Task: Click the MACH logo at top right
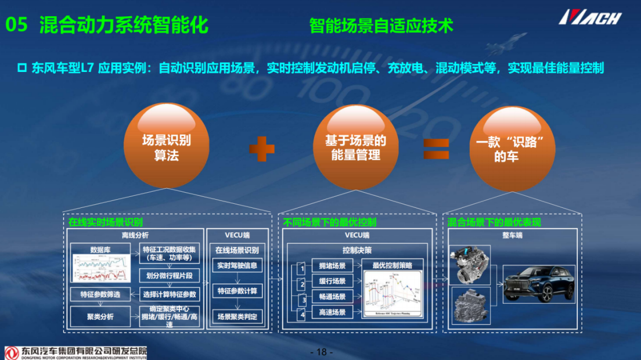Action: tap(590, 17)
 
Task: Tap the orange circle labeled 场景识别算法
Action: tap(167, 147)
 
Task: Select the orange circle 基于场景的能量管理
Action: tap(355, 147)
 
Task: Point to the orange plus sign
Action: tap(262, 149)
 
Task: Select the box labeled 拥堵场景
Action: tap(332, 266)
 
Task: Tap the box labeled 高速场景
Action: tap(332, 313)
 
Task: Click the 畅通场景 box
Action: tap(332, 297)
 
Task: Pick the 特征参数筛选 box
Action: tap(100, 294)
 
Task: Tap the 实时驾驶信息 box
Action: tap(236, 266)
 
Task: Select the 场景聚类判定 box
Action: tap(236, 317)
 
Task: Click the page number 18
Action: tap(321, 352)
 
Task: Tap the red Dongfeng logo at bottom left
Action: tap(12, 352)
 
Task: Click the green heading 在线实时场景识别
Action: tap(105, 222)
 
